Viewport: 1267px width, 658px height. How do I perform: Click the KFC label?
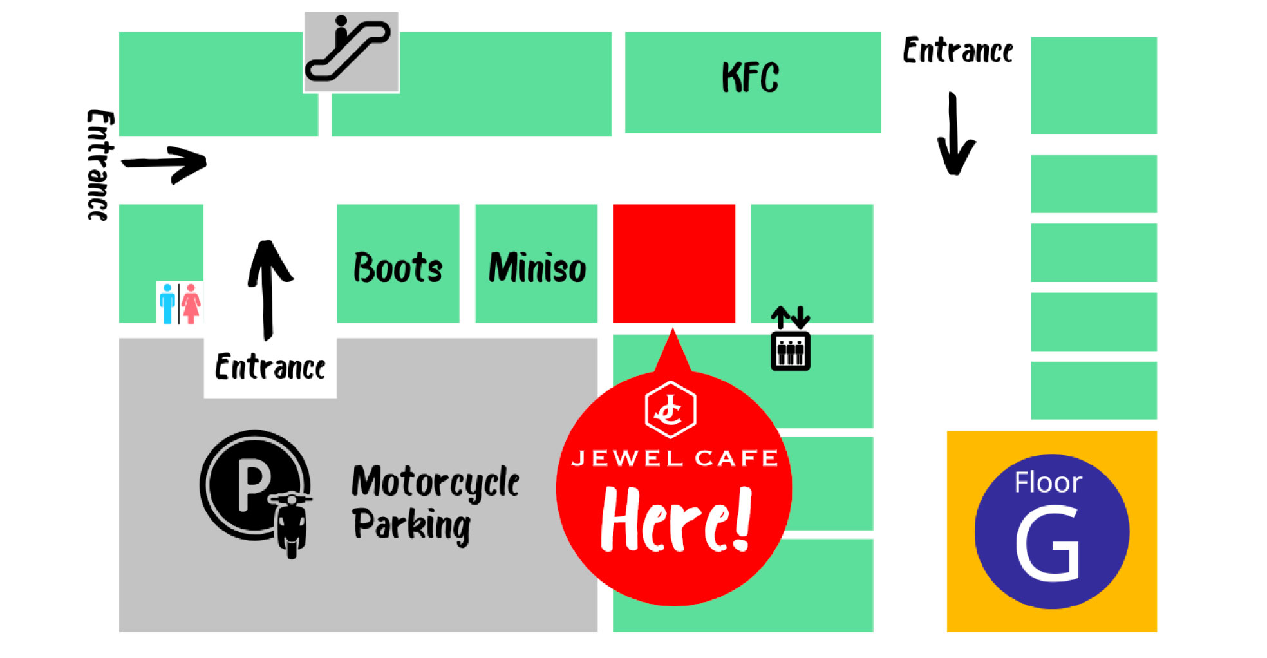tap(750, 77)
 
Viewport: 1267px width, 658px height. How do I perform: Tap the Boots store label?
tap(398, 268)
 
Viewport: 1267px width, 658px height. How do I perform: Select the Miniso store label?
tap(537, 268)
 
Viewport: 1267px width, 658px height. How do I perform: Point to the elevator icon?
tap(791, 340)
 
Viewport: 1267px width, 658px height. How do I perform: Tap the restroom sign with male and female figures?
tap(180, 303)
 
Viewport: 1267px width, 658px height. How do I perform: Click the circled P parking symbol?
tap(254, 485)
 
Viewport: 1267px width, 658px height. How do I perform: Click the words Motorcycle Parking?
tap(435, 504)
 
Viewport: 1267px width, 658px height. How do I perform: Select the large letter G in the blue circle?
tap(1047, 544)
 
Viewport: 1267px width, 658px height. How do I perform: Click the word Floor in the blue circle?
tap(1047, 482)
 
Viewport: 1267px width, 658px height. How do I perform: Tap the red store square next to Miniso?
tap(673, 263)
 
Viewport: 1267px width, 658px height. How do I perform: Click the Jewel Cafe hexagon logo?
tap(670, 409)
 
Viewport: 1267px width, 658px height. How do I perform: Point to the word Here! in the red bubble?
tap(676, 520)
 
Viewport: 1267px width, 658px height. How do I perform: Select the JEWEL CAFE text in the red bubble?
tap(674, 458)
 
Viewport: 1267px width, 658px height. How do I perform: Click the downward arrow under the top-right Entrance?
tap(955, 135)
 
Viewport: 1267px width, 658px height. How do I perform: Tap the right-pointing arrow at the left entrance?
tap(165, 164)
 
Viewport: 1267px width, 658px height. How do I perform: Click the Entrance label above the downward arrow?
tap(957, 51)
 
